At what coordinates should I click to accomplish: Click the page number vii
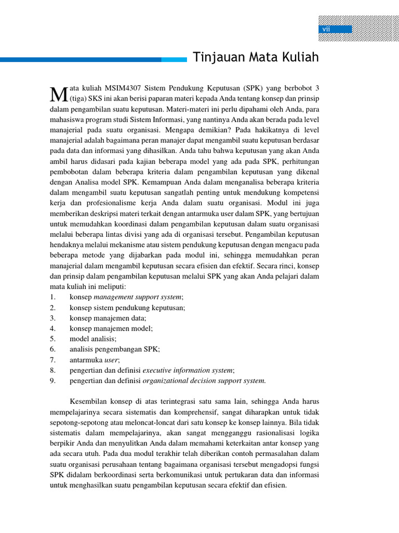pyautogui.click(x=326, y=29)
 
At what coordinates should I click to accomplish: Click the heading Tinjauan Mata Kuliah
pyautogui.click(x=256, y=58)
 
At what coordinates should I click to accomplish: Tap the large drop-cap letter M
pyautogui.click(x=58, y=94)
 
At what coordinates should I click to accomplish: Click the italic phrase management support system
pyautogui.click(x=138, y=297)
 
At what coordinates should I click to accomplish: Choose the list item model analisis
pyautogui.click(x=93, y=338)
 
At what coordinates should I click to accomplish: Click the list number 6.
pyautogui.click(x=52, y=349)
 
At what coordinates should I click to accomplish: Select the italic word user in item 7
pyautogui.click(x=112, y=360)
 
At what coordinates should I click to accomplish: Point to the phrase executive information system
pyautogui.click(x=188, y=370)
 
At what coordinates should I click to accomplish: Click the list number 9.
pyautogui.click(x=52, y=380)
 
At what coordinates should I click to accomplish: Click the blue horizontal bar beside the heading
pyautogui.click(x=94, y=60)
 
